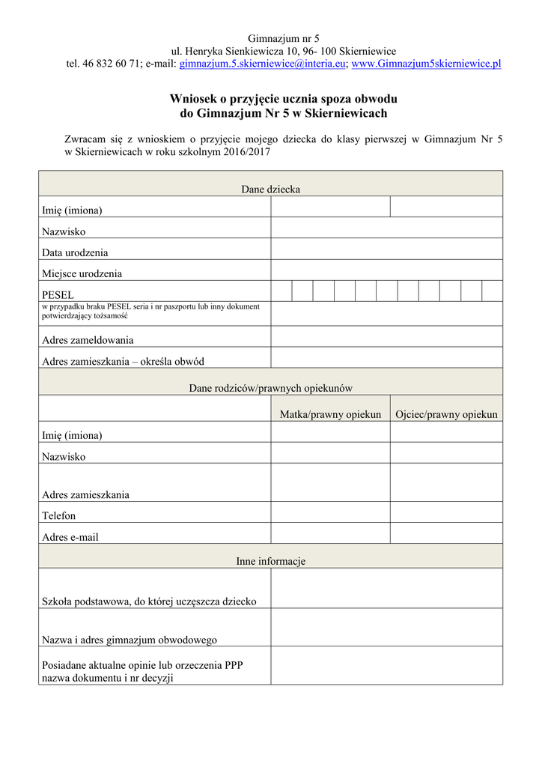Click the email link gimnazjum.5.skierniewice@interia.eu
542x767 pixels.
click(262, 64)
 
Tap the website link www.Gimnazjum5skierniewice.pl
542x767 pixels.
click(426, 64)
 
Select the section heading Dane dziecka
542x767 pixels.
click(270, 190)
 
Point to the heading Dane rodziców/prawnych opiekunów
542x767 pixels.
click(270, 388)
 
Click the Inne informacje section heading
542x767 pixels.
click(270, 560)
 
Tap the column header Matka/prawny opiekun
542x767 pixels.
click(330, 414)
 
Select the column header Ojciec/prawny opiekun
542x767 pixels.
click(446, 414)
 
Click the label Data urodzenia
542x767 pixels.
click(75, 252)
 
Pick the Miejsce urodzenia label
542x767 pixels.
click(82, 273)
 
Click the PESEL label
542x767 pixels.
click(58, 294)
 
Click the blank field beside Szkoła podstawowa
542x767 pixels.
click(386, 588)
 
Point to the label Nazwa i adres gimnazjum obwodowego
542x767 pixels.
click(130, 640)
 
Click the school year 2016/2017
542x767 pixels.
click(246, 152)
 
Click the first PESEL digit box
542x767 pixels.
click(281, 291)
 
